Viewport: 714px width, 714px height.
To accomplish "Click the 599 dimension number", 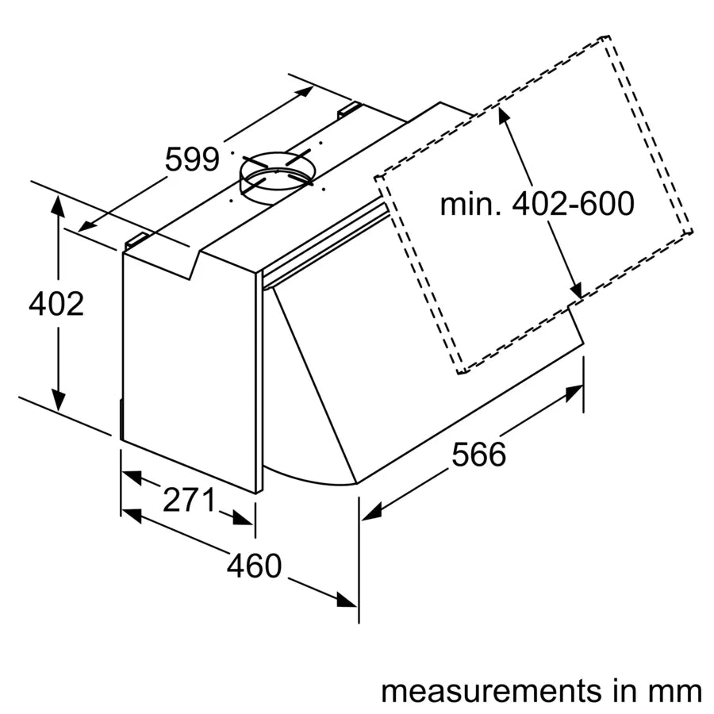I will [x=191, y=160].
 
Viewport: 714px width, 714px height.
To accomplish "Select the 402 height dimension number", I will [x=56, y=304].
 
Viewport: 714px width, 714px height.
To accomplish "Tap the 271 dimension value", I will [x=189, y=500].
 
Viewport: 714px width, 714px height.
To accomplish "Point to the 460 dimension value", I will [x=254, y=566].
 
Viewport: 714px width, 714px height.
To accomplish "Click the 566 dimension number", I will [x=478, y=455].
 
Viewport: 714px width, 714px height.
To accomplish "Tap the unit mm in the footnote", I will [x=679, y=690].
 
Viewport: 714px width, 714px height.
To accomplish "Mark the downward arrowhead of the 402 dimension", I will [x=57, y=401].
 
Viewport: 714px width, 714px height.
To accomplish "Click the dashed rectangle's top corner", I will [x=607, y=36].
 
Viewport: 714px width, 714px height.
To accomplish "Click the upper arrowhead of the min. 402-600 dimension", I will [x=502, y=116].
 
